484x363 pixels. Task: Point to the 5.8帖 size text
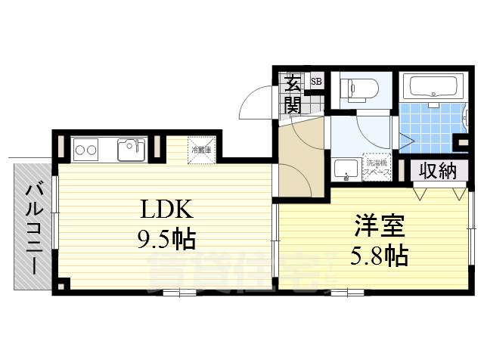pos(378,255)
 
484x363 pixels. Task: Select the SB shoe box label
pos(316,82)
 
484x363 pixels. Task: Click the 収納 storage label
pos(439,171)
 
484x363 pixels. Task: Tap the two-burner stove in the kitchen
pos(85,149)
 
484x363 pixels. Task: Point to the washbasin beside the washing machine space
pos(346,170)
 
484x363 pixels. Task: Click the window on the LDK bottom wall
pos(180,291)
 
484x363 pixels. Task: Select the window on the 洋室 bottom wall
pos(343,291)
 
